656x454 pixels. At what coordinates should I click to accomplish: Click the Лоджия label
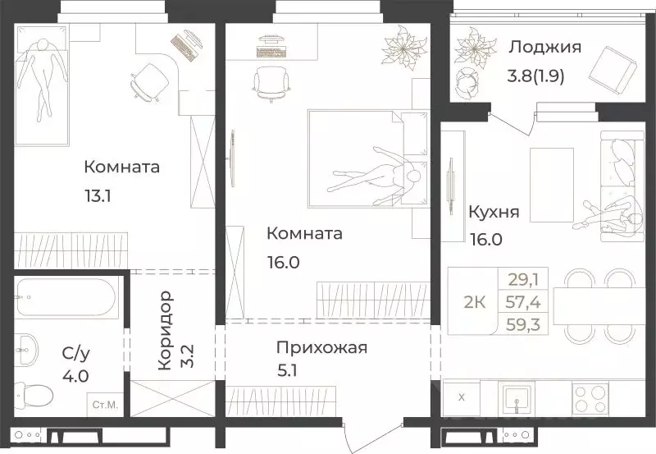(x=544, y=47)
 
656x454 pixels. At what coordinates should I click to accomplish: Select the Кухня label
(x=493, y=213)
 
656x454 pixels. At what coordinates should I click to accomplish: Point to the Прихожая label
(x=321, y=347)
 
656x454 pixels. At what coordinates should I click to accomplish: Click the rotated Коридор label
(x=164, y=330)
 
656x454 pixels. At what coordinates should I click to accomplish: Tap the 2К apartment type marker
(x=475, y=302)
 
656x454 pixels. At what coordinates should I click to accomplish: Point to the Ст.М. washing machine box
(x=104, y=404)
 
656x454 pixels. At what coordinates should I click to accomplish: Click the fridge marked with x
(x=461, y=397)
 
